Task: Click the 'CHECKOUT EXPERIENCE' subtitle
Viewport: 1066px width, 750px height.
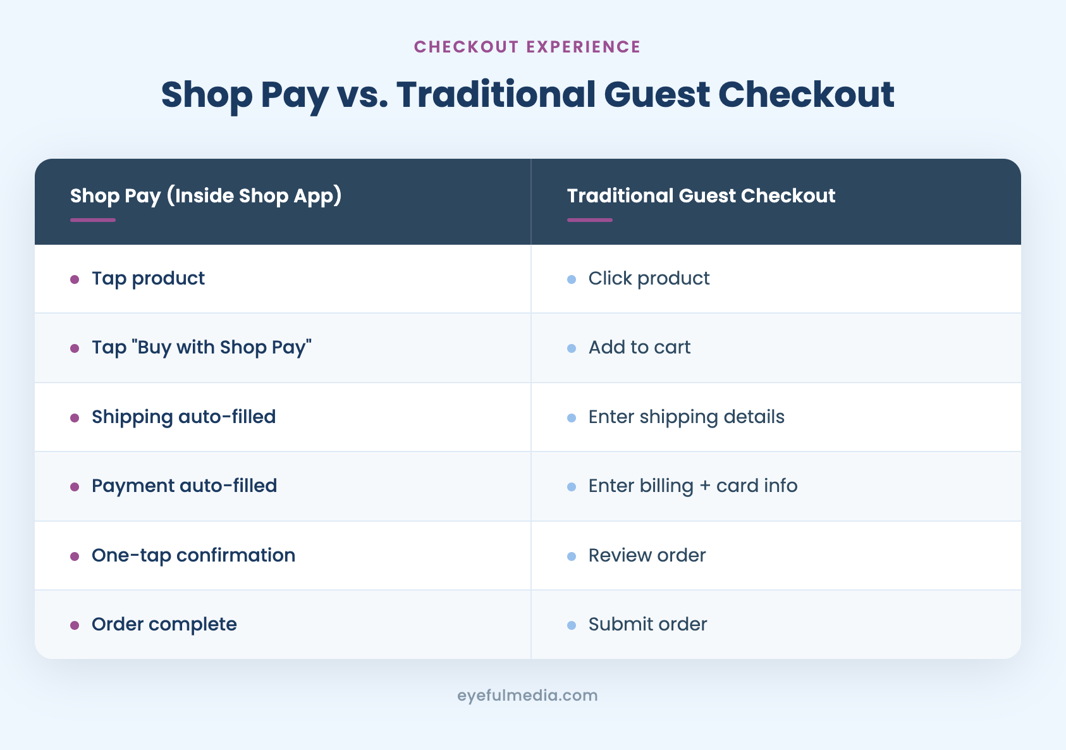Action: tap(527, 47)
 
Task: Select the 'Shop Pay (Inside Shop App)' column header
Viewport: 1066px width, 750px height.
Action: tap(205, 196)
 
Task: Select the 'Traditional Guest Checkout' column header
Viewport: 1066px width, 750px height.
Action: tap(701, 196)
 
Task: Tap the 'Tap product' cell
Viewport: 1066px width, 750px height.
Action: tap(148, 278)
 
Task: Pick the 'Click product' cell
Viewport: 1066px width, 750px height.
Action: tap(649, 278)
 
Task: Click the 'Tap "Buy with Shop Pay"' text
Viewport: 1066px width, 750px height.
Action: tap(202, 347)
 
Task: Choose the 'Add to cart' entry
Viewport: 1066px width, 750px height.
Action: tap(639, 347)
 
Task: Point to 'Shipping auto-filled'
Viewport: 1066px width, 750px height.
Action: tap(183, 417)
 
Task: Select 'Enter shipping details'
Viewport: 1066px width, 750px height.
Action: tap(686, 417)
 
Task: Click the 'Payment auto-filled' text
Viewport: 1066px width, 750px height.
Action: tap(184, 486)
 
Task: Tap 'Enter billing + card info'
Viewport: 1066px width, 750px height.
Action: tap(692, 486)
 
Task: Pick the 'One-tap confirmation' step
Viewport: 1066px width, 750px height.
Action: tap(193, 555)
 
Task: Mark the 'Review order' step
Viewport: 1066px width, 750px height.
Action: tap(647, 555)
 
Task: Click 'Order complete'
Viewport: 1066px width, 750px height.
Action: tap(164, 624)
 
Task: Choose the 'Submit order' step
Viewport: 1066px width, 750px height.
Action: tap(647, 624)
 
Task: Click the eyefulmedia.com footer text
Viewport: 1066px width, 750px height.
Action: tap(527, 696)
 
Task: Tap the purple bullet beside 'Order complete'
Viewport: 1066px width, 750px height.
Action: tap(75, 625)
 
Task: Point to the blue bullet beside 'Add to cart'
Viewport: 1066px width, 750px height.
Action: tap(572, 348)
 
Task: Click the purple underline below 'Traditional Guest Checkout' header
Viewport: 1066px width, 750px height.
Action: tap(589, 220)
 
